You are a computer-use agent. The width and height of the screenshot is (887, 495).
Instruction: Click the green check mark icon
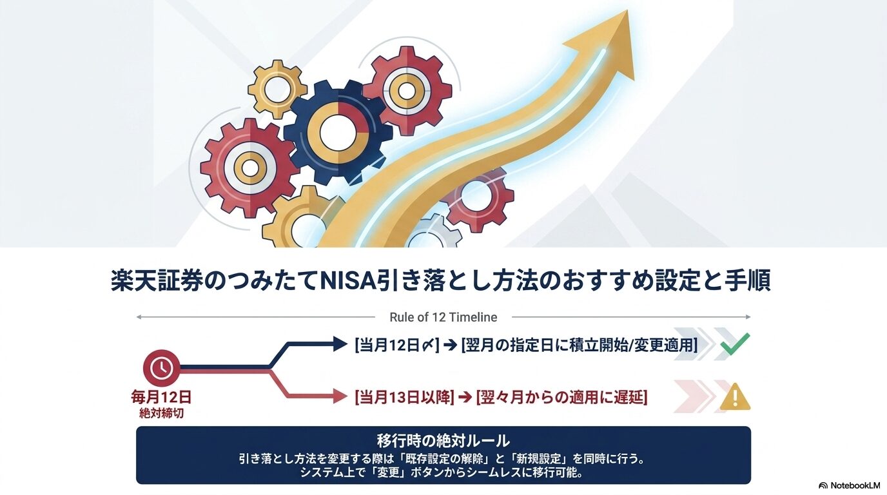[735, 345]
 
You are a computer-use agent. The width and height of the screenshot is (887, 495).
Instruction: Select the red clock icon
[161, 368]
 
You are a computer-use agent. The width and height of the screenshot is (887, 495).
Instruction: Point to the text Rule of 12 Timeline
[443, 317]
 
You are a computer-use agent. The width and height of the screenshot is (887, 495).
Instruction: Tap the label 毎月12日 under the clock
[161, 396]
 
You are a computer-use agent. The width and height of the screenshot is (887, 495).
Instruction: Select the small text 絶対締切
[161, 413]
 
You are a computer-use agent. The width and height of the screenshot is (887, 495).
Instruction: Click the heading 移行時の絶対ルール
[443, 441]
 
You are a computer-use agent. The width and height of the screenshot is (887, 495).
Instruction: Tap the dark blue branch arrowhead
[340, 345]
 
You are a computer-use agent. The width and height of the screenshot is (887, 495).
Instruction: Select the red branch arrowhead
[340, 397]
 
